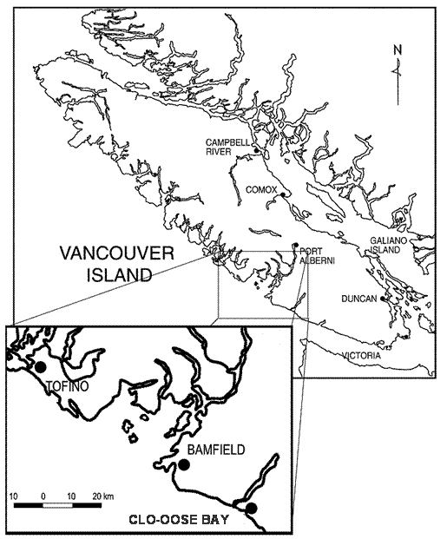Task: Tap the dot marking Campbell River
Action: tap(258, 152)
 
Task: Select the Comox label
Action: tap(261, 188)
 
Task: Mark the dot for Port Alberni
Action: tap(295, 245)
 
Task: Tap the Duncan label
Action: tap(361, 299)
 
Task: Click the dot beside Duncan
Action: tap(382, 299)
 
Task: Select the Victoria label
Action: tap(361, 355)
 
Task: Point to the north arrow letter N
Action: tap(395, 49)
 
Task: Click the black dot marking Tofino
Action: tap(39, 367)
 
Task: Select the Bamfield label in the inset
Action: tap(216, 450)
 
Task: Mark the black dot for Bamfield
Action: tap(183, 465)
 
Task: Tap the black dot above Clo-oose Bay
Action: tap(252, 508)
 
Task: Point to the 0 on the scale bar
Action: tap(43, 496)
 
